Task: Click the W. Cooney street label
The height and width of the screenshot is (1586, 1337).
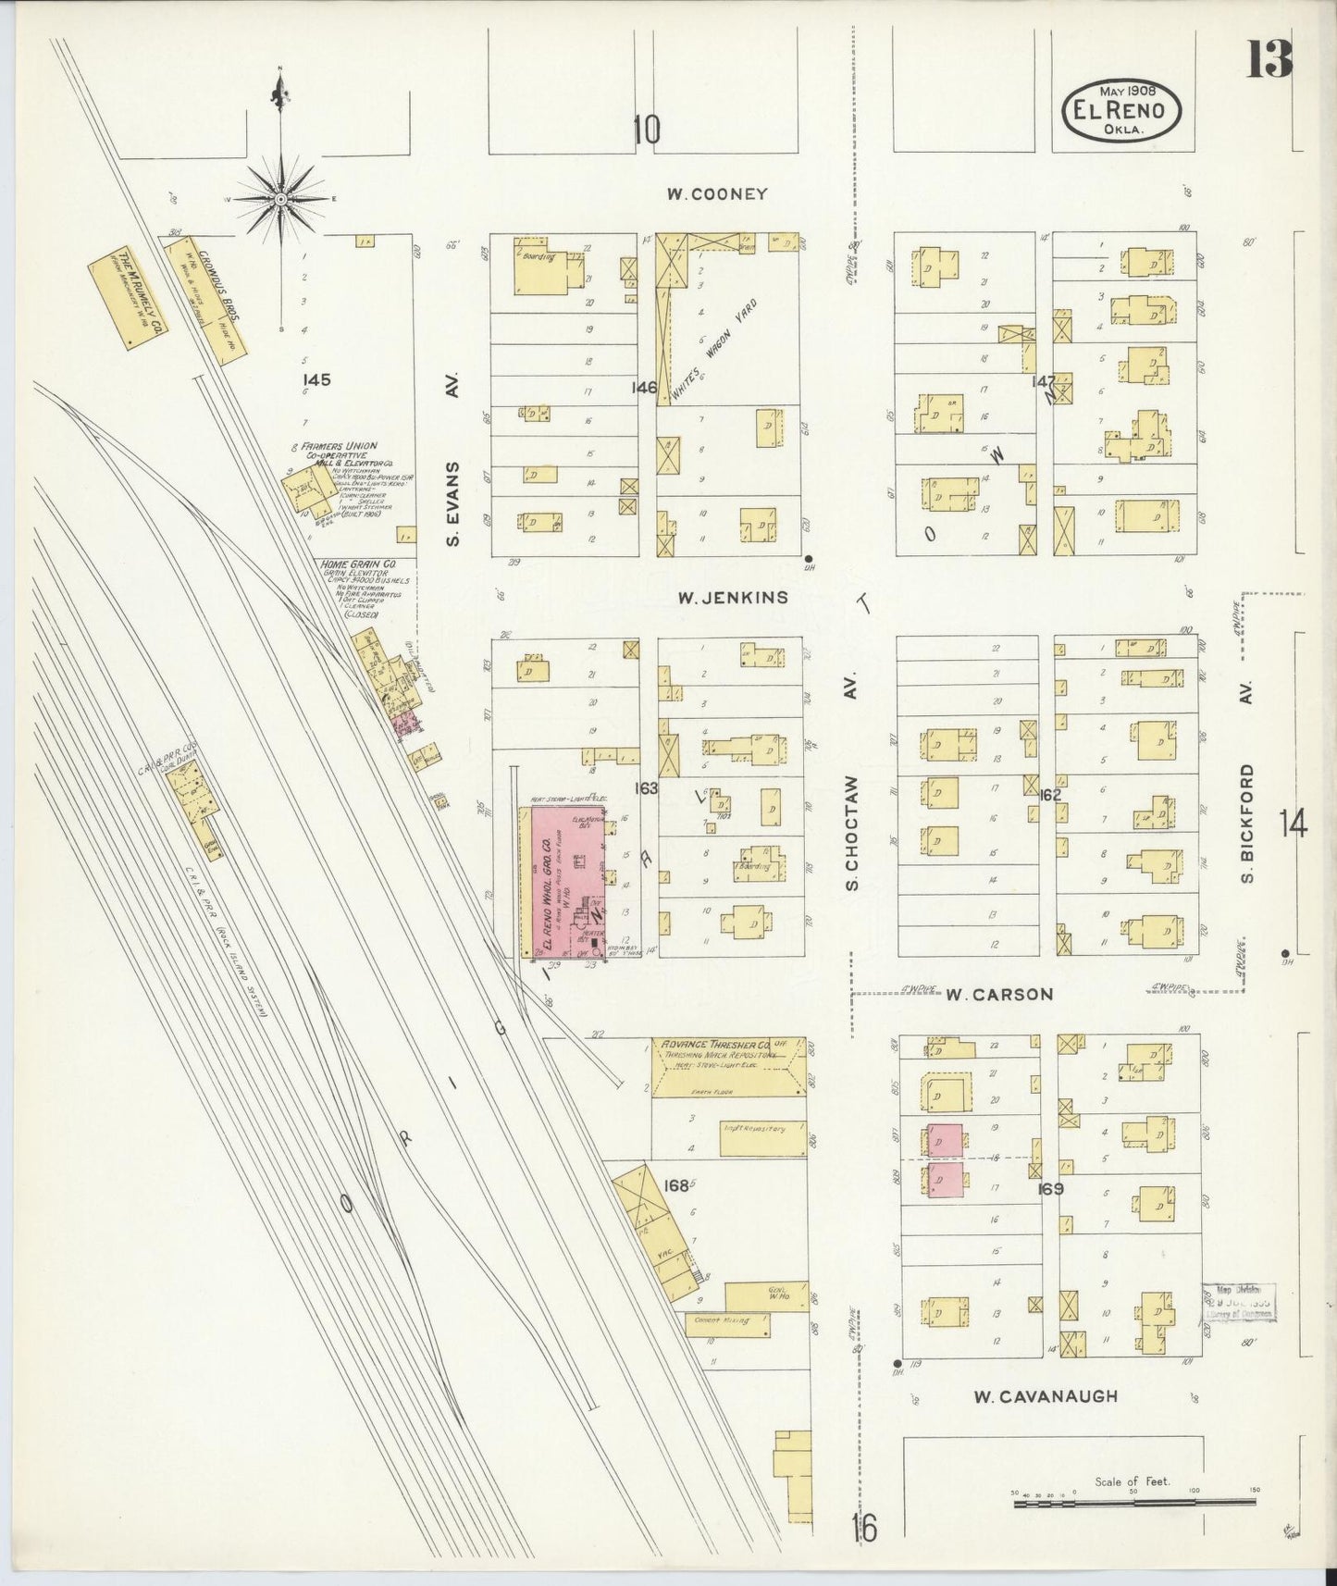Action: point(717,194)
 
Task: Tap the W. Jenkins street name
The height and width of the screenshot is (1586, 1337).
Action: point(732,598)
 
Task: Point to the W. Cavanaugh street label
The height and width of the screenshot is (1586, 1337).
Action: point(1045,1396)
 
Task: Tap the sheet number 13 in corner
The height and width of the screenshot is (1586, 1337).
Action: point(1269,62)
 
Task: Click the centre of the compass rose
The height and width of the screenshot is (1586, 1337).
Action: point(280,199)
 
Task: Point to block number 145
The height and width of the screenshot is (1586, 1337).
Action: point(315,379)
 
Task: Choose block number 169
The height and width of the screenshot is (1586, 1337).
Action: point(1050,1189)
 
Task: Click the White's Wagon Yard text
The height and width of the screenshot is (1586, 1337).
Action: point(714,350)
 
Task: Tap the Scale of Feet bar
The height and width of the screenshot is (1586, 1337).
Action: point(1133,1505)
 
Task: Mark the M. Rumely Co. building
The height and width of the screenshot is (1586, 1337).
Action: point(130,299)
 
